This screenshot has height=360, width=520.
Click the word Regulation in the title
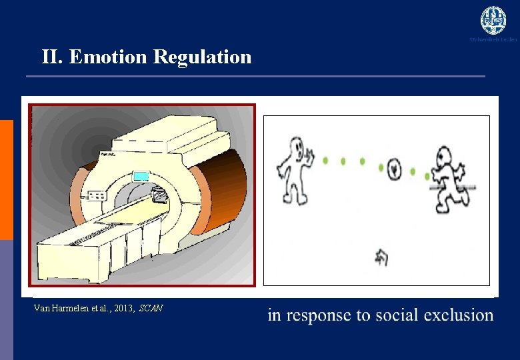click(202, 57)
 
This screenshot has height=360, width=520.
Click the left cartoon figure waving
click(293, 169)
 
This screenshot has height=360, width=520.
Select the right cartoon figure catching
click(448, 179)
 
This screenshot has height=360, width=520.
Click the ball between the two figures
click(394, 169)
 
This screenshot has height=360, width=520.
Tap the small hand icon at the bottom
click(382, 257)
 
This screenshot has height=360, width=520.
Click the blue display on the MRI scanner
click(141, 176)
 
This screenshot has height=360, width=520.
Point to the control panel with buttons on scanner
click(96, 196)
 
